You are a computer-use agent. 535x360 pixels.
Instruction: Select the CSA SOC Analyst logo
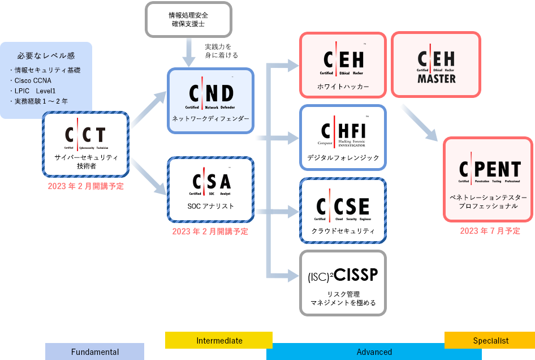[210, 183]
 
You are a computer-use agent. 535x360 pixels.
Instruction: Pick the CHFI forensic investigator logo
[343, 133]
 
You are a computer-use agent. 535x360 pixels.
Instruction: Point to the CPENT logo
[489, 171]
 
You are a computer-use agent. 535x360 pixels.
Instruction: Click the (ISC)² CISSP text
[343, 276]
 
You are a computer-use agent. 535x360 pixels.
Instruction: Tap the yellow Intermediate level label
[219, 340]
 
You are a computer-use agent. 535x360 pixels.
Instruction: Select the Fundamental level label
[94, 352]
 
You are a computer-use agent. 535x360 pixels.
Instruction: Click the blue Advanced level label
[374, 352]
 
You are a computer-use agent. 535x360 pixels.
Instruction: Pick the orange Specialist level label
[490, 340]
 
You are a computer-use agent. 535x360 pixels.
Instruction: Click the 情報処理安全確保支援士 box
[189, 20]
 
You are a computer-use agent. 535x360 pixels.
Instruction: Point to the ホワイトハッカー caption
[343, 87]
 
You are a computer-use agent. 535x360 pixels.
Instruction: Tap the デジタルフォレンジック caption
[343, 158]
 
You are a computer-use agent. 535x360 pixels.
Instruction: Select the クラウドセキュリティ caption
[343, 230]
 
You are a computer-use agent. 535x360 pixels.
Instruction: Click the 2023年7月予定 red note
[490, 230]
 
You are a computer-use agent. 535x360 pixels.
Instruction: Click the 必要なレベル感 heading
[46, 55]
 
